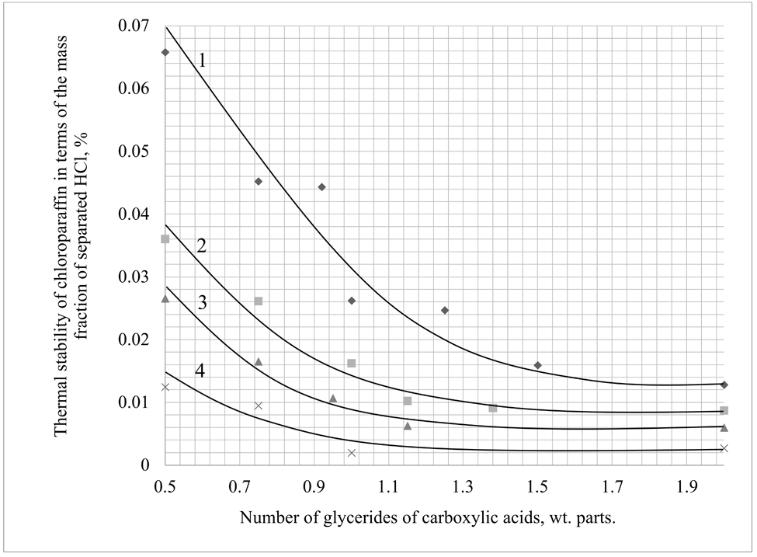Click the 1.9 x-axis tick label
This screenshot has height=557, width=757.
click(686, 487)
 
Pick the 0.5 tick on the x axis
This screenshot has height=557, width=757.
click(165, 487)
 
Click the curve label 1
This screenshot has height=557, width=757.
click(202, 60)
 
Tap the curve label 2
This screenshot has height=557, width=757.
click(201, 246)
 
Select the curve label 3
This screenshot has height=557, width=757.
click(200, 301)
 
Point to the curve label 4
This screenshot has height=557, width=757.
click(200, 370)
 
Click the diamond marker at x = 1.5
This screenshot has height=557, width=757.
click(537, 365)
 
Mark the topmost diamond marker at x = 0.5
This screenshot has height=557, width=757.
click(165, 52)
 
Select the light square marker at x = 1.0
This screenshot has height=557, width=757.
click(351, 363)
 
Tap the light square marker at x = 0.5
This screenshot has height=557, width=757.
click(165, 238)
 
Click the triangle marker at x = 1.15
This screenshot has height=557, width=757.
click(407, 426)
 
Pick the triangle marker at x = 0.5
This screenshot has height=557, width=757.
click(165, 298)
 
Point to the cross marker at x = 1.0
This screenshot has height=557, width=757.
click(351, 453)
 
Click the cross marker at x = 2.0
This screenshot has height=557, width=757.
click(724, 448)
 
